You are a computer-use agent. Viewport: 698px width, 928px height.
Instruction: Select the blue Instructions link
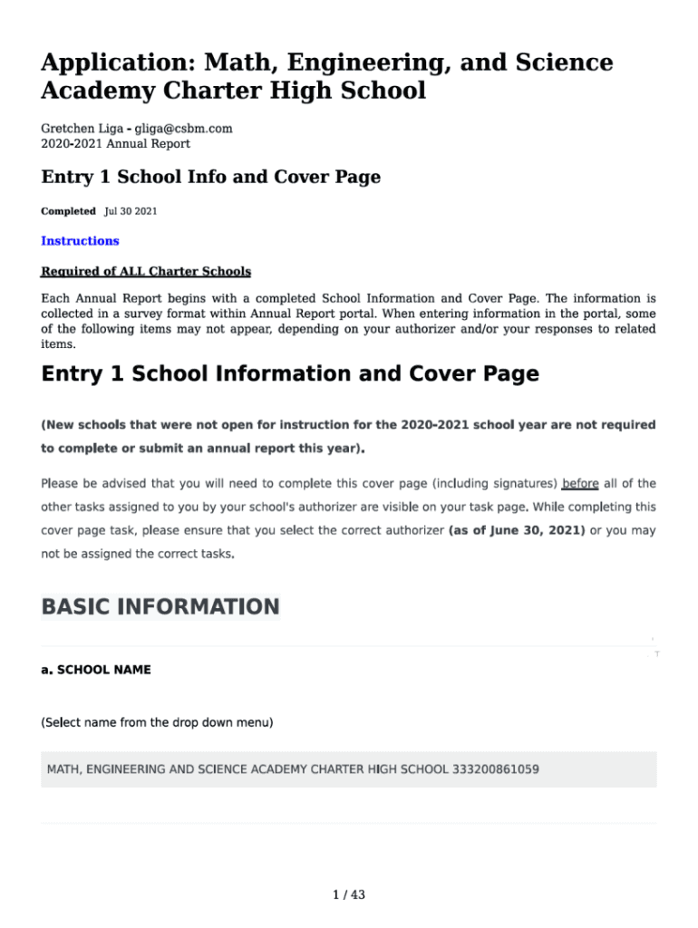coord(80,241)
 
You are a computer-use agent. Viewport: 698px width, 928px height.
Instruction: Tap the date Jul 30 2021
coord(131,211)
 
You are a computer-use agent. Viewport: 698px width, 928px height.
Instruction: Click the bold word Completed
coord(68,211)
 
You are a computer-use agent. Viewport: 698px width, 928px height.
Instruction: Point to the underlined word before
coord(580,483)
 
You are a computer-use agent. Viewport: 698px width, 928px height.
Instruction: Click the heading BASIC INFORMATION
coord(160,606)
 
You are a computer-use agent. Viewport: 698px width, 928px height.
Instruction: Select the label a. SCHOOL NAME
coord(96,670)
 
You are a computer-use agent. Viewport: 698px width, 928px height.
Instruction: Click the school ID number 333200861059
coord(495,769)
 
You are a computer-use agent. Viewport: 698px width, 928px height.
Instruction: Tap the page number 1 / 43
coord(349,895)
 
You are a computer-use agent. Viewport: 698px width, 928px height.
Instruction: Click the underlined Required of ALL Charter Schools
coord(146,272)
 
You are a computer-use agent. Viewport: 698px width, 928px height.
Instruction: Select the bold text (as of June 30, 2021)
coord(517,530)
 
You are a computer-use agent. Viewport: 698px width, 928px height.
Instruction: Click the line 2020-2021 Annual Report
coord(115,143)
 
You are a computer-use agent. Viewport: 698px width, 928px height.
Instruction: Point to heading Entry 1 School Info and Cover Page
coord(210,177)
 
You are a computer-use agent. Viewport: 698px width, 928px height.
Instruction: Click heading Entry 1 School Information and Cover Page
coord(290,373)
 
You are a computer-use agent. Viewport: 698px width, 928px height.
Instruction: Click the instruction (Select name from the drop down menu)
coord(158,722)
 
